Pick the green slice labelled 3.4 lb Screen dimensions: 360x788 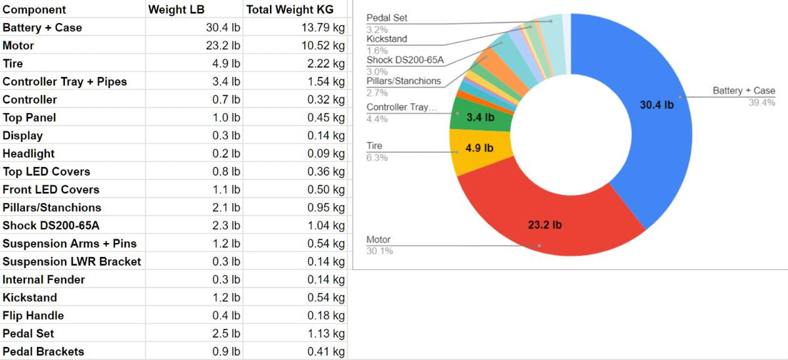point(478,117)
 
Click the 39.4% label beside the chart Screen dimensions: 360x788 point(762,102)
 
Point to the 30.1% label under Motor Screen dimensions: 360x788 point(380,251)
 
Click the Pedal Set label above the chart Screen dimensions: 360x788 point(387,18)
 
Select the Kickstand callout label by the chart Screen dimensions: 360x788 point(387,39)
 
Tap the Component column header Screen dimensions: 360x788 point(34,9)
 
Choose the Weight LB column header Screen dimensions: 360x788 point(177,9)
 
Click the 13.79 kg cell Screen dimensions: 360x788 point(322,28)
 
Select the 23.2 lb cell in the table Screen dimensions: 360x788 point(223,45)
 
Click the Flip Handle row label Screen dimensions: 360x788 point(33,315)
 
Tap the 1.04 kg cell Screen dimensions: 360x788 point(326,225)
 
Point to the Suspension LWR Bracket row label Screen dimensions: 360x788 point(72,261)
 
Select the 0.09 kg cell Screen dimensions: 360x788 point(326,153)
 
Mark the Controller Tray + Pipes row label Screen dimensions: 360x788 point(64,81)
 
